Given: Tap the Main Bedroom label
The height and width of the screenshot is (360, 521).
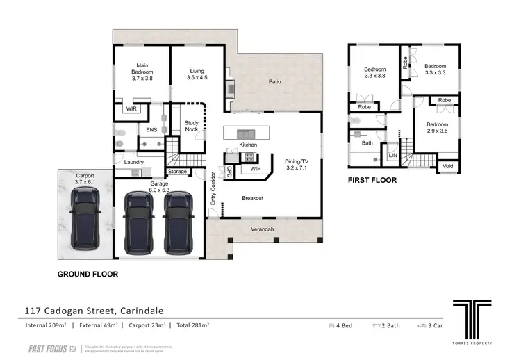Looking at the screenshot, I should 142,72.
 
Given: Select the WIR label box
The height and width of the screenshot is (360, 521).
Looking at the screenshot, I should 131,109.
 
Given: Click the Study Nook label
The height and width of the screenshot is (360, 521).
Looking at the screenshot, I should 191,126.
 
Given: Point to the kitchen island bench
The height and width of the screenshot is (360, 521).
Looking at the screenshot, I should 247,133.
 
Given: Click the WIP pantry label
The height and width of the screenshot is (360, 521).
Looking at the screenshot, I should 255,168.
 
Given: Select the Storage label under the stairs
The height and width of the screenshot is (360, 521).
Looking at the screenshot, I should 177,172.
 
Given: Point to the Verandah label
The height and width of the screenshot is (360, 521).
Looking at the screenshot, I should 262,229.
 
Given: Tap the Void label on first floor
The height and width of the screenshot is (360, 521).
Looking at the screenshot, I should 448,167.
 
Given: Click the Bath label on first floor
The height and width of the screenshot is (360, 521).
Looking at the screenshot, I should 367,143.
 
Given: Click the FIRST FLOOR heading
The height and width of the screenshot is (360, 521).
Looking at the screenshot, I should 372,180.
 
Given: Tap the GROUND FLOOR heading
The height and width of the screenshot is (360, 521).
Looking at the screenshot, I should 88,275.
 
